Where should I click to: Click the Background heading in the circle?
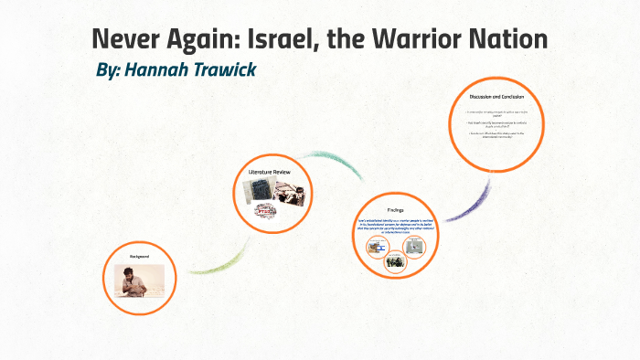coord(139,258)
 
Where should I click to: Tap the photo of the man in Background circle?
coord(139,279)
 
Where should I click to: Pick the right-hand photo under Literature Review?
coord(290,189)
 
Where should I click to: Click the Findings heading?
coord(394,209)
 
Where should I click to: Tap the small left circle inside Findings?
coord(376,248)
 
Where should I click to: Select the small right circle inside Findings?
coord(413,248)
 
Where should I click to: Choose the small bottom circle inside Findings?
coord(394,263)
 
